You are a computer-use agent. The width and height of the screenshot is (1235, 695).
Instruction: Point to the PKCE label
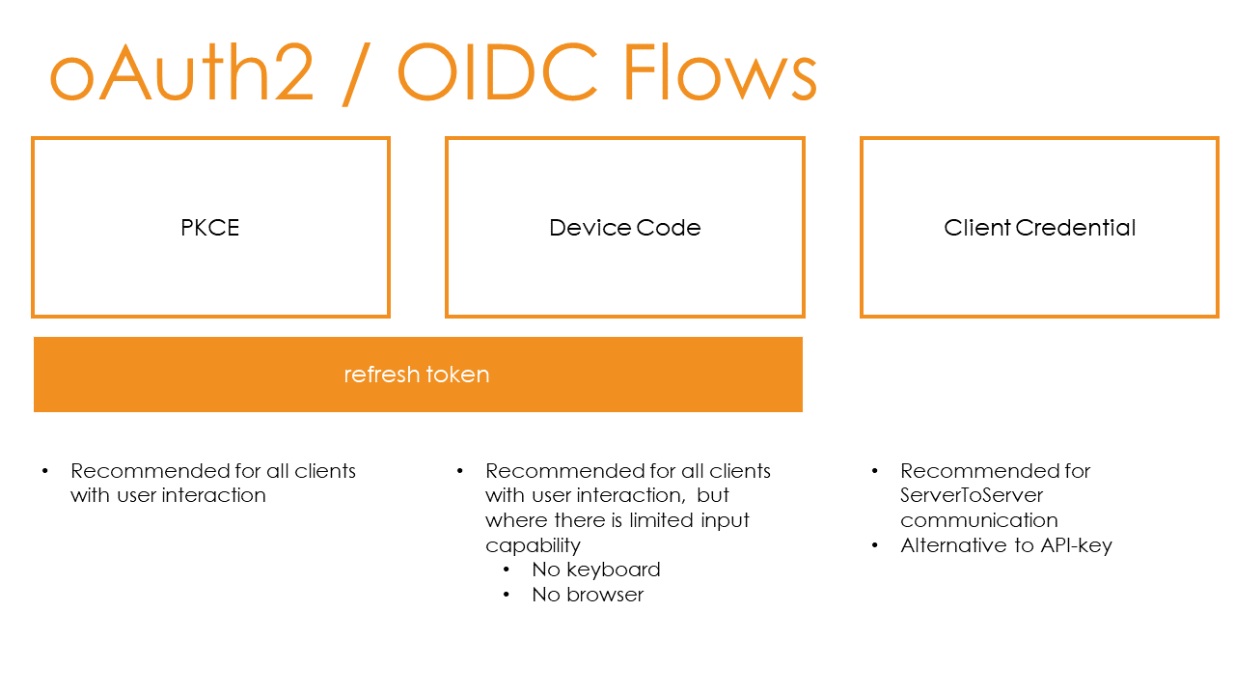[x=210, y=228]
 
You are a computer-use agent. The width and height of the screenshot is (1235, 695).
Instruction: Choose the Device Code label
[x=624, y=228]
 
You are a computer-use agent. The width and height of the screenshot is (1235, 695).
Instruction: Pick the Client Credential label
[x=1039, y=228]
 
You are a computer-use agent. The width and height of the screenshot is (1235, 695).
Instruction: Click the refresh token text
[x=417, y=375]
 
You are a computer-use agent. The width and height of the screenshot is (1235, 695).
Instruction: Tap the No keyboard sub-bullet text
[x=595, y=570]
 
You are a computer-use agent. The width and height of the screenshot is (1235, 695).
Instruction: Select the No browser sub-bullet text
[x=587, y=595]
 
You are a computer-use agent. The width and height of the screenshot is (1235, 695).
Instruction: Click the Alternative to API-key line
[x=1005, y=545]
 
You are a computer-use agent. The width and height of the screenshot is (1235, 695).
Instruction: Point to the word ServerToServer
[x=972, y=495]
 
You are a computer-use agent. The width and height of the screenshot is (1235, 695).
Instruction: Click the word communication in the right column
[x=979, y=520]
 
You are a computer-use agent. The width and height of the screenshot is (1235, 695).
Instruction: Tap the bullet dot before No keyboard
[x=507, y=570]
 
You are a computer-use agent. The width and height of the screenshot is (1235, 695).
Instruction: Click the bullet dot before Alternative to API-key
[x=875, y=545]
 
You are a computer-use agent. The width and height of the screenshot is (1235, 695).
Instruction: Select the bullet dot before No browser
[x=507, y=595]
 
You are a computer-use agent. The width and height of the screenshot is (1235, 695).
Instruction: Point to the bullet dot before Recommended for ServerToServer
[x=875, y=471]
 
